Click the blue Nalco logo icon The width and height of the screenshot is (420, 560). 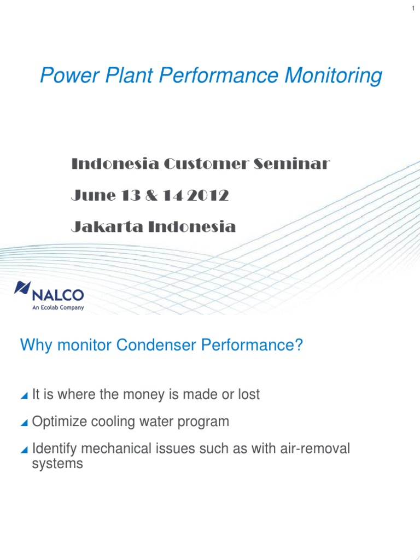(x=22, y=288)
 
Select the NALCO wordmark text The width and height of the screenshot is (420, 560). (x=59, y=296)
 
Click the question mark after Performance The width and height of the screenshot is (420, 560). (x=299, y=345)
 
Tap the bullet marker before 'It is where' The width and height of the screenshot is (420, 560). (x=24, y=395)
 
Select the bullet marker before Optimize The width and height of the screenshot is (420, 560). (x=24, y=423)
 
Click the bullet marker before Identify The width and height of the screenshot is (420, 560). (x=24, y=450)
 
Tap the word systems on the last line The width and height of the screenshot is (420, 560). (x=57, y=464)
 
